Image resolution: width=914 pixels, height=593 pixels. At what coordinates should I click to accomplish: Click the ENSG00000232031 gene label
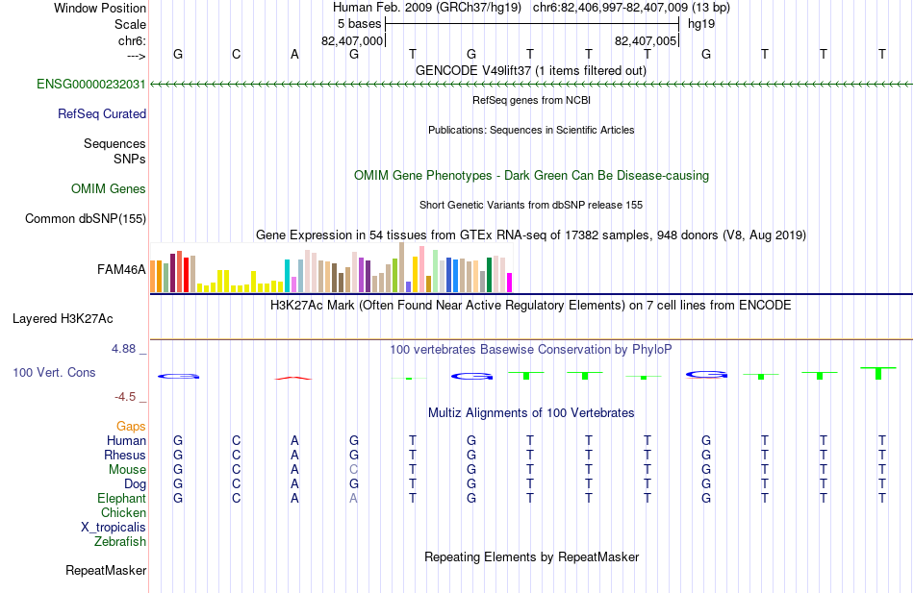pos(91,84)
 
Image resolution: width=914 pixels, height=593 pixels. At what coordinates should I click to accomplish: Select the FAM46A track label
pos(121,269)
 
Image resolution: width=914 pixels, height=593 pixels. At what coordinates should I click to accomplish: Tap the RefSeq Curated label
pos(102,113)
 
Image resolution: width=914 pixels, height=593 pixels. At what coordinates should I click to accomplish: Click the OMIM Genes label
pos(109,188)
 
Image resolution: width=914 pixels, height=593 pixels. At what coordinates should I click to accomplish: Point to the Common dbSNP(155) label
pos(86,218)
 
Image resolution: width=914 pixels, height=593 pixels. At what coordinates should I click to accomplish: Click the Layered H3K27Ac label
pos(63,319)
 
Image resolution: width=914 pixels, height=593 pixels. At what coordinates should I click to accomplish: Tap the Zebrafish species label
pos(120,541)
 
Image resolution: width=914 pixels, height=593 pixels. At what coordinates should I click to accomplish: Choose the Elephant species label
pos(122,498)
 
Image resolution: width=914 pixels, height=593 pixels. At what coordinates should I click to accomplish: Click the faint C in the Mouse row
pos(354,470)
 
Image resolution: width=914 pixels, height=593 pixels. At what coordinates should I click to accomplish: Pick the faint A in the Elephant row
pos(353,498)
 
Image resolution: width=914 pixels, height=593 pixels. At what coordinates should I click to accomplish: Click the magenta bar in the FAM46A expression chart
pos(510,283)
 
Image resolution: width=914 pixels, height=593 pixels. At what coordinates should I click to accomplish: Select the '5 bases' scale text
pos(359,24)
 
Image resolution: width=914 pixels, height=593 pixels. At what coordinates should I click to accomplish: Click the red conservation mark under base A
pos(293,379)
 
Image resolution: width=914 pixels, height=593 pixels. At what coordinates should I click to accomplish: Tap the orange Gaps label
pos(131,427)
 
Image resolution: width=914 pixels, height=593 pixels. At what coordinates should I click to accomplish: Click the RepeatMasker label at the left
pos(106,570)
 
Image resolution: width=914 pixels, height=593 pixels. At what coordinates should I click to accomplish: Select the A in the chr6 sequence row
pos(295,54)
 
